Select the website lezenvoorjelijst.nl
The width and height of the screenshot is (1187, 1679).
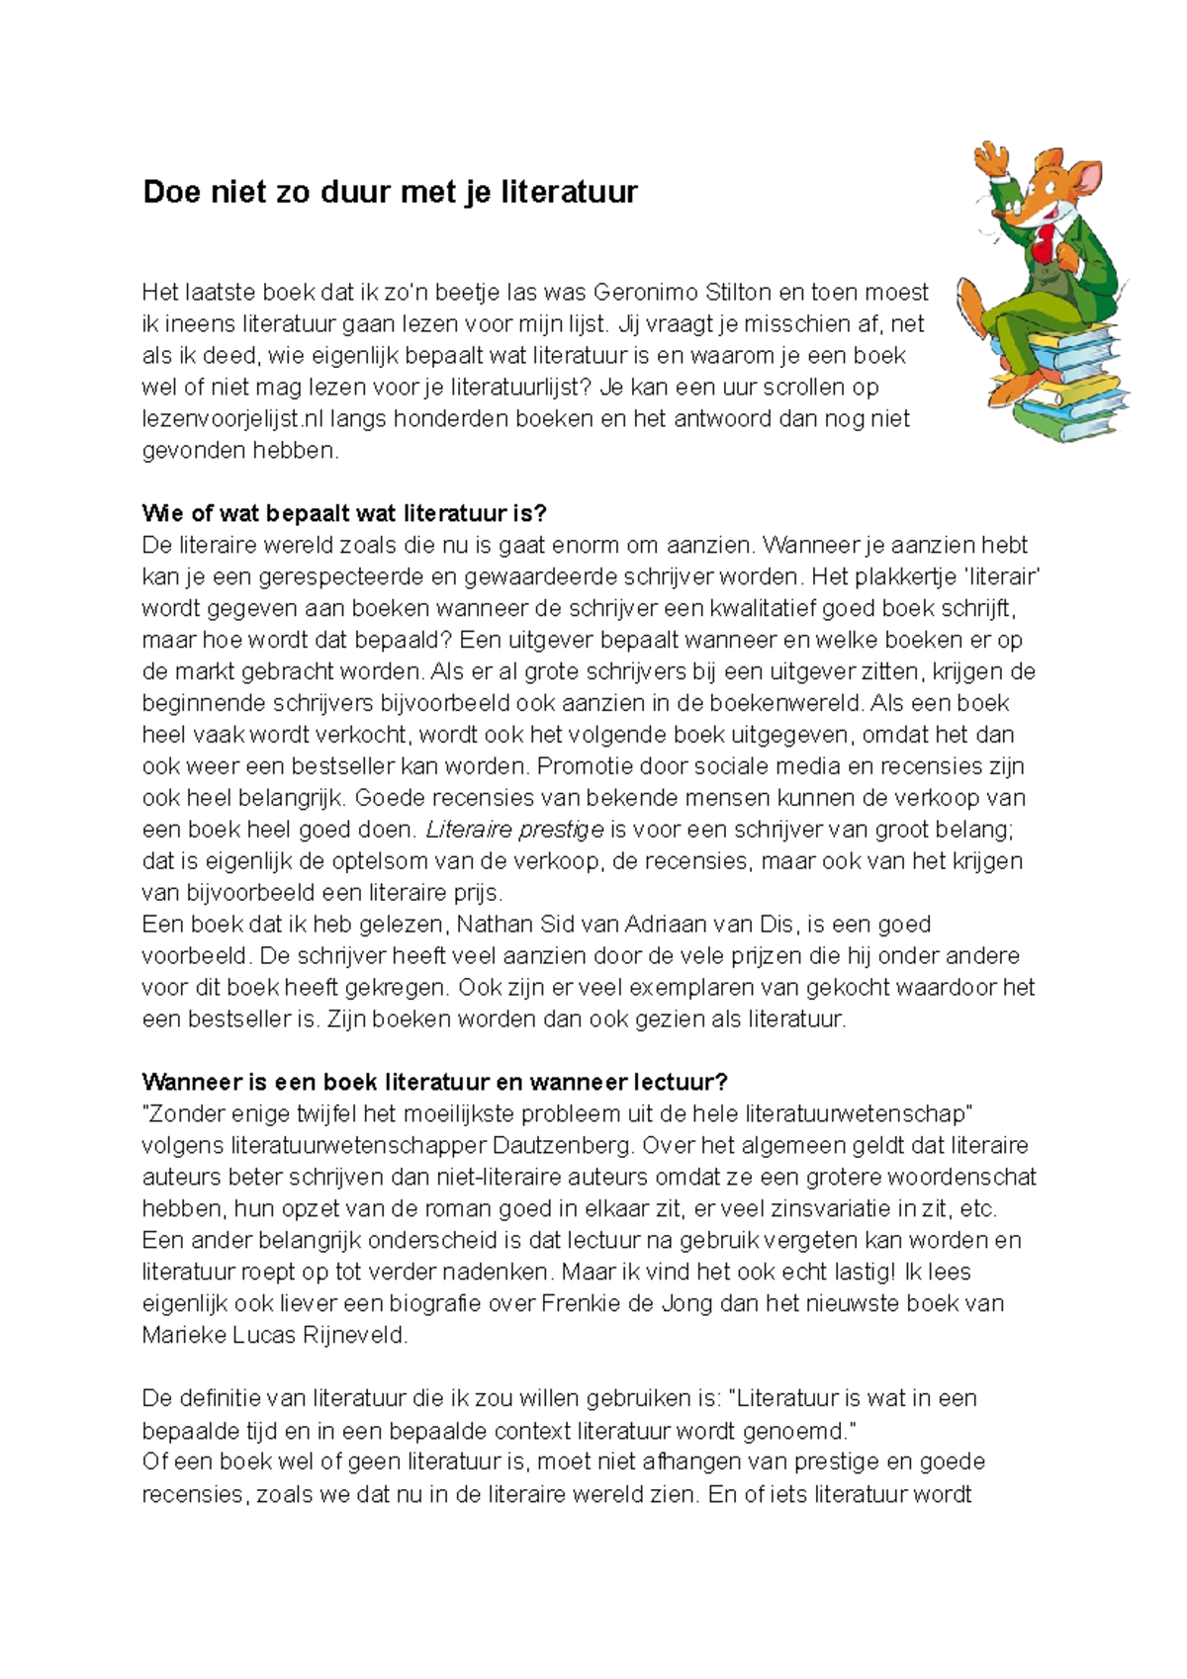[x=233, y=419]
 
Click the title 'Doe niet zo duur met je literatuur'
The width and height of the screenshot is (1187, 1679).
[x=390, y=192]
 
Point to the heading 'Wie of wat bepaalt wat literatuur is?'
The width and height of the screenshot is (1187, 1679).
[x=344, y=514]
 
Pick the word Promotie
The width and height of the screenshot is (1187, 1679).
[x=587, y=766]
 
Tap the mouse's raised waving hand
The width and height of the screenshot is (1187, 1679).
[x=987, y=158]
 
